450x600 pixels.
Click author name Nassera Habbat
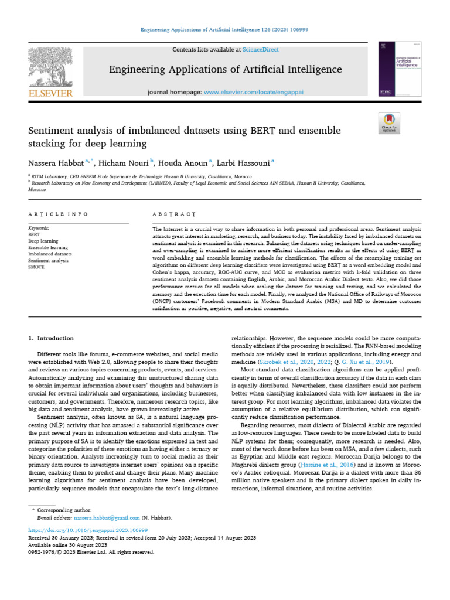(56, 161)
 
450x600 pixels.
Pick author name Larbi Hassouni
(241, 161)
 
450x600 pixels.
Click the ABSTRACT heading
(174, 214)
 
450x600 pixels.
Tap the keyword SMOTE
(36, 266)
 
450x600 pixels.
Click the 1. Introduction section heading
(52, 338)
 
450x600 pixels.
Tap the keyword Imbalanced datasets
(50, 253)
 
